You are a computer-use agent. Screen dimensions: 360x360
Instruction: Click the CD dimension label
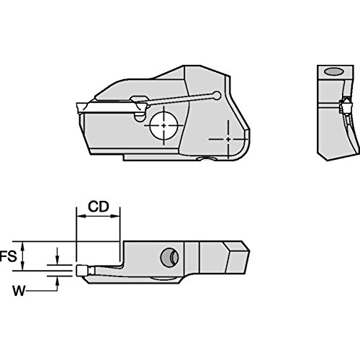pyautogui.click(x=99, y=207)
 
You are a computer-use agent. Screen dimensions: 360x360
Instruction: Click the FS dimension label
pyautogui.click(x=9, y=256)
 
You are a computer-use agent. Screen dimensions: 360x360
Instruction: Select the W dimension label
pyautogui.click(x=19, y=291)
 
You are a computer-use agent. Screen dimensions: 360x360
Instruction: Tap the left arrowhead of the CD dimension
pyautogui.click(x=81, y=216)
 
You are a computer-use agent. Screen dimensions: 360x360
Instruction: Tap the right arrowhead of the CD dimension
pyautogui.click(x=115, y=216)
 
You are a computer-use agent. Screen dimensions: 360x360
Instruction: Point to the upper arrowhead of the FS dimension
pyautogui.click(x=23, y=246)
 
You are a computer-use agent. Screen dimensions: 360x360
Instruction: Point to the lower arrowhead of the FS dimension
pyautogui.click(x=23, y=266)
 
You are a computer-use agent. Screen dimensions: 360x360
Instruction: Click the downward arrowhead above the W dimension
pyautogui.click(x=57, y=260)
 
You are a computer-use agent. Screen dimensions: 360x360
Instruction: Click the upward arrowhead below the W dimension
pyautogui.click(x=57, y=281)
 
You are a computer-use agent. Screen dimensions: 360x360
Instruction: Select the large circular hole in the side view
pyautogui.click(x=164, y=125)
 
